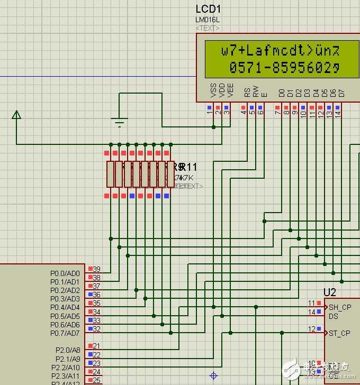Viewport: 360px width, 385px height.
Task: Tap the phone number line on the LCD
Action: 284,67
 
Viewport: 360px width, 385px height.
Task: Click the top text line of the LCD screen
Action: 280,51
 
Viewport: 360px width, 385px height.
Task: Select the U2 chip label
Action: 330,292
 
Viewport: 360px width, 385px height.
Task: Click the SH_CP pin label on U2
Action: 339,307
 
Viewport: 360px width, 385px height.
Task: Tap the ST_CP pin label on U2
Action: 339,333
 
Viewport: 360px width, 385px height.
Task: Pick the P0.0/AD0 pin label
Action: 65,273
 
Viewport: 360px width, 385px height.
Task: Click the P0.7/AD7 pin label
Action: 65,333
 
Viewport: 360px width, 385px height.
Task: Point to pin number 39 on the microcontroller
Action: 96,269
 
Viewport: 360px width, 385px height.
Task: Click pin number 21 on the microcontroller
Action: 96,346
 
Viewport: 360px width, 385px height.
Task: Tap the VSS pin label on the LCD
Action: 213,92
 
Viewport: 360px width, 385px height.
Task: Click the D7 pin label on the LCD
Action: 341,93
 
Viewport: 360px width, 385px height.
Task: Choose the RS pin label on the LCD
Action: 247,93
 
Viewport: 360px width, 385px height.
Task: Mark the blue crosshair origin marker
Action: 213,376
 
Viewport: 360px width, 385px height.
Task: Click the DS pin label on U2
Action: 334,316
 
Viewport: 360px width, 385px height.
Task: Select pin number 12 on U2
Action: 312,329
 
